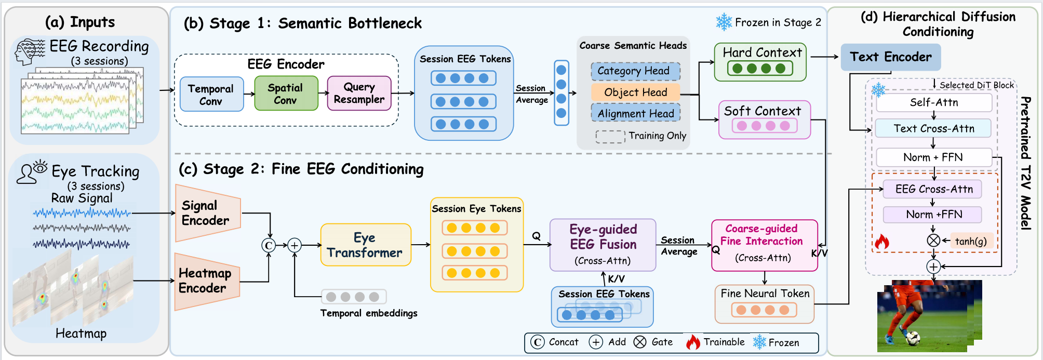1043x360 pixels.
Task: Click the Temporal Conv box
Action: [x=211, y=94]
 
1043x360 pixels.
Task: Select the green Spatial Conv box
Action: [x=286, y=94]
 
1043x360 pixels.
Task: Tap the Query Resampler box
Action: [x=359, y=94]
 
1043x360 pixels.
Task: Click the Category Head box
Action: [x=635, y=71]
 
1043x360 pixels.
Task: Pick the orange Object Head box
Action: [x=635, y=92]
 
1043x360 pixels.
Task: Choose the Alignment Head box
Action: [x=635, y=113]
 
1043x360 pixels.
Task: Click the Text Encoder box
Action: [x=890, y=57]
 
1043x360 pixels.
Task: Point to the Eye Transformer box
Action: [x=366, y=245]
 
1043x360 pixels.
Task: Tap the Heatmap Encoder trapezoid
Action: [x=207, y=281]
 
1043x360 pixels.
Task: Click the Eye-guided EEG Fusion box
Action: [x=603, y=245]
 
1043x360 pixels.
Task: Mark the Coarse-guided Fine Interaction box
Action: [x=764, y=245]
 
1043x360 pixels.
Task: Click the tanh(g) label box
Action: [x=971, y=241]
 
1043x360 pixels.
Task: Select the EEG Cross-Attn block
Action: [x=934, y=189]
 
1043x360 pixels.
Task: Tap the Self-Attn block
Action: [x=934, y=102]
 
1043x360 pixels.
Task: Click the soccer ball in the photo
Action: [x=912, y=339]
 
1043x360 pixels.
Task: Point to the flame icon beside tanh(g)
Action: [x=882, y=241]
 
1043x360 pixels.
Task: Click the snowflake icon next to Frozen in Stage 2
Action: [x=724, y=22]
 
